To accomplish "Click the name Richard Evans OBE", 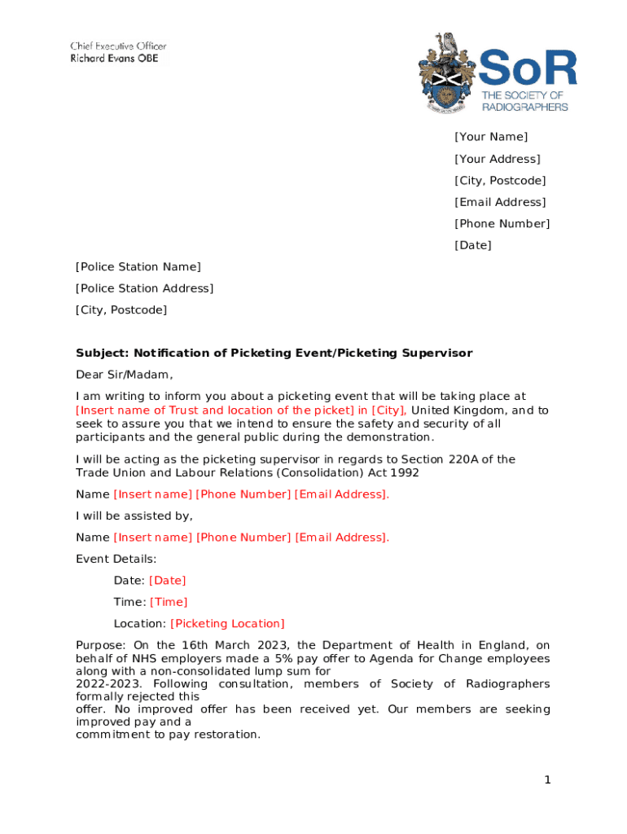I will [114, 59].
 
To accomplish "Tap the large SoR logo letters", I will [527, 68].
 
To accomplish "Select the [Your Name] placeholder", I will [491, 137].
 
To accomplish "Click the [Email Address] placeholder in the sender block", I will [500, 202].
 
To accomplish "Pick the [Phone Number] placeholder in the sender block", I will [502, 223].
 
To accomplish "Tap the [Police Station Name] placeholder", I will [138, 267].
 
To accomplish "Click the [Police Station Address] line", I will [144, 288].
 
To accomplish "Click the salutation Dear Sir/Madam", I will [125, 375].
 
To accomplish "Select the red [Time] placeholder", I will [169, 602].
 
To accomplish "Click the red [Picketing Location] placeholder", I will [227, 624].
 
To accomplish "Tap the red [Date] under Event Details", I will [167, 581].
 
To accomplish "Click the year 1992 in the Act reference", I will [406, 472].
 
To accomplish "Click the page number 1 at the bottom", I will [548, 780].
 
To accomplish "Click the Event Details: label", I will [116, 559].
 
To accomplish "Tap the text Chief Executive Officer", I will [118, 46].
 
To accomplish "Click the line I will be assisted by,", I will [134, 516].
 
